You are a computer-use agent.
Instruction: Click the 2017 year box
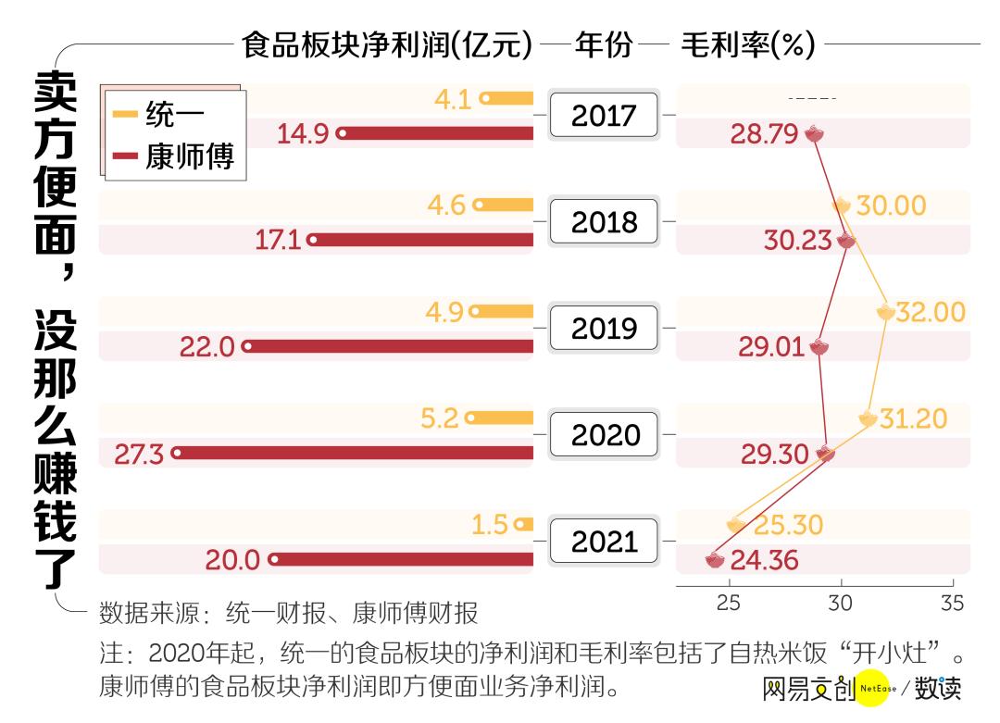click(x=604, y=116)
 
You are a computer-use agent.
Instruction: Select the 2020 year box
click(x=604, y=435)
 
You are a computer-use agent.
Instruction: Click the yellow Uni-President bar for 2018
click(x=505, y=205)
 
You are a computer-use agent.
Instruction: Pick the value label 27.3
click(x=139, y=454)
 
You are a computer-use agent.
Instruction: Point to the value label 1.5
click(x=490, y=525)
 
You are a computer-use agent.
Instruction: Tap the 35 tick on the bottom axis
click(x=952, y=603)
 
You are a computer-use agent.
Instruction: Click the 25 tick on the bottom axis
click(x=729, y=603)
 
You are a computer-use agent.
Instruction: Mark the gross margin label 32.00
click(x=930, y=312)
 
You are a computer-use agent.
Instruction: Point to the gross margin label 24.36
click(x=764, y=560)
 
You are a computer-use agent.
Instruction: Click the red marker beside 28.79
click(x=814, y=133)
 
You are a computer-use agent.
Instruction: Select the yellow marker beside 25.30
click(x=736, y=525)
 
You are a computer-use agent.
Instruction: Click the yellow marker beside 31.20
click(x=868, y=418)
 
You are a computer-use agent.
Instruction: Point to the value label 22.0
click(x=207, y=347)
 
